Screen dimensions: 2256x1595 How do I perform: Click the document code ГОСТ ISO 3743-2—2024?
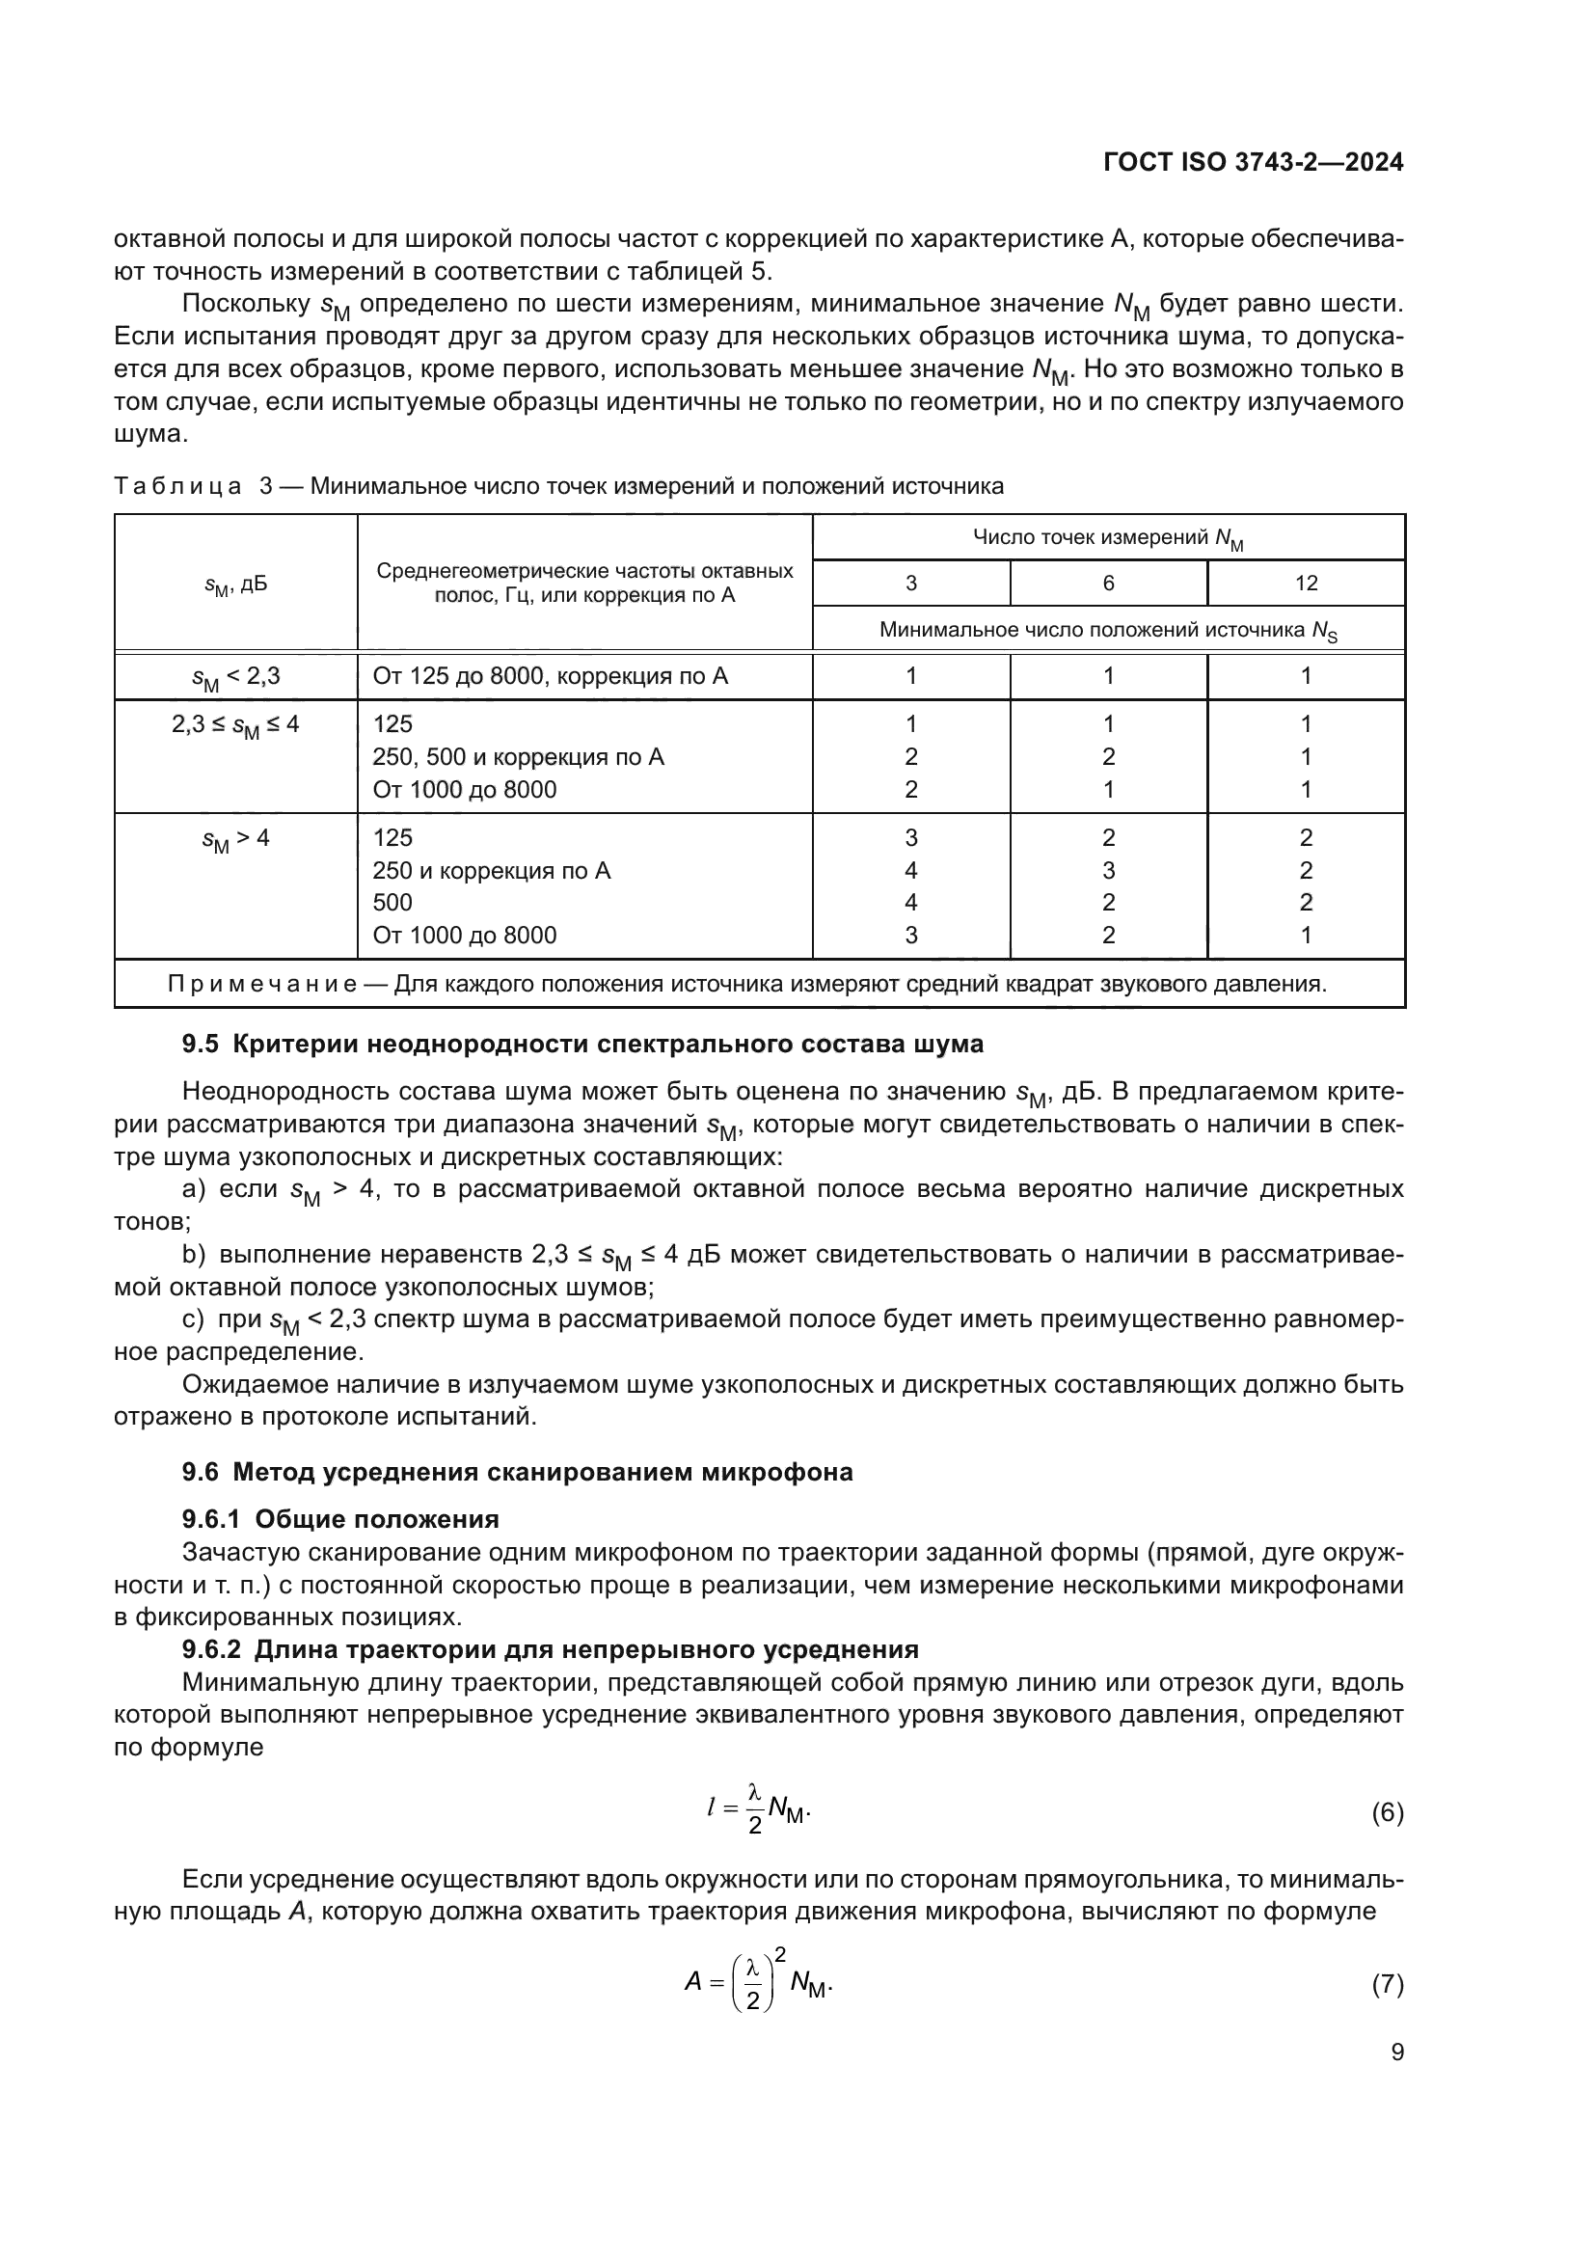click(1254, 163)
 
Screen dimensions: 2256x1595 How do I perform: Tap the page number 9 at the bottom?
click(1397, 2052)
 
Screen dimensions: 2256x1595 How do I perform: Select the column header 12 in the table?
click(1306, 583)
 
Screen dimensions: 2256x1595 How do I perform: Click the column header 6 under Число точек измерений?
click(1108, 583)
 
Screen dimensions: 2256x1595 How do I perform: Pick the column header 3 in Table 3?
click(910, 583)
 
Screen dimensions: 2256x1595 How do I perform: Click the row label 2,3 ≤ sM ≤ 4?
click(234, 725)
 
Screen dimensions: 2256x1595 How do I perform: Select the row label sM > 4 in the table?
click(234, 839)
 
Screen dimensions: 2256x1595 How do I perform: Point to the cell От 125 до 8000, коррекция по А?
click(550, 676)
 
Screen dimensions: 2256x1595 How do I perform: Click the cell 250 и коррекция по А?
click(491, 871)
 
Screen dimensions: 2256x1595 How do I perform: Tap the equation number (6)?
click(1387, 1813)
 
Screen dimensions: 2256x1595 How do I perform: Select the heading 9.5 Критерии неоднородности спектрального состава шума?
click(582, 1045)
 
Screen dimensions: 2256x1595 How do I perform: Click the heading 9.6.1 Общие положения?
click(339, 1519)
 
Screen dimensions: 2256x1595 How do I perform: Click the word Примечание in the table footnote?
click(262, 985)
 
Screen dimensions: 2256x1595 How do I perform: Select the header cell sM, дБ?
click(234, 584)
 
